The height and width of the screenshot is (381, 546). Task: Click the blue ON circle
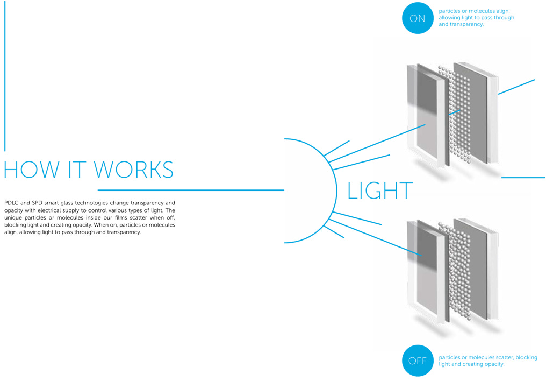[x=417, y=18]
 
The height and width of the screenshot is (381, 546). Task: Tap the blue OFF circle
[x=417, y=361]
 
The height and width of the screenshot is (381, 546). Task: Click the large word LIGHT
[x=380, y=191]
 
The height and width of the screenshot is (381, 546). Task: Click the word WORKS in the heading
[x=134, y=170]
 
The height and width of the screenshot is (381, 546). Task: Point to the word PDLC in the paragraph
[x=11, y=203]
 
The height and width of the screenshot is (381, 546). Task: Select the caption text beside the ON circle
[x=476, y=18]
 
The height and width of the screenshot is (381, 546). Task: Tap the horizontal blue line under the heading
[x=190, y=190]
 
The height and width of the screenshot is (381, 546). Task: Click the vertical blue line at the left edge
[x=5, y=75]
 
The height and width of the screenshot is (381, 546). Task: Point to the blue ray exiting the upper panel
[x=516, y=87]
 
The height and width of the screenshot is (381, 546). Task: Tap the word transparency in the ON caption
[x=465, y=25]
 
